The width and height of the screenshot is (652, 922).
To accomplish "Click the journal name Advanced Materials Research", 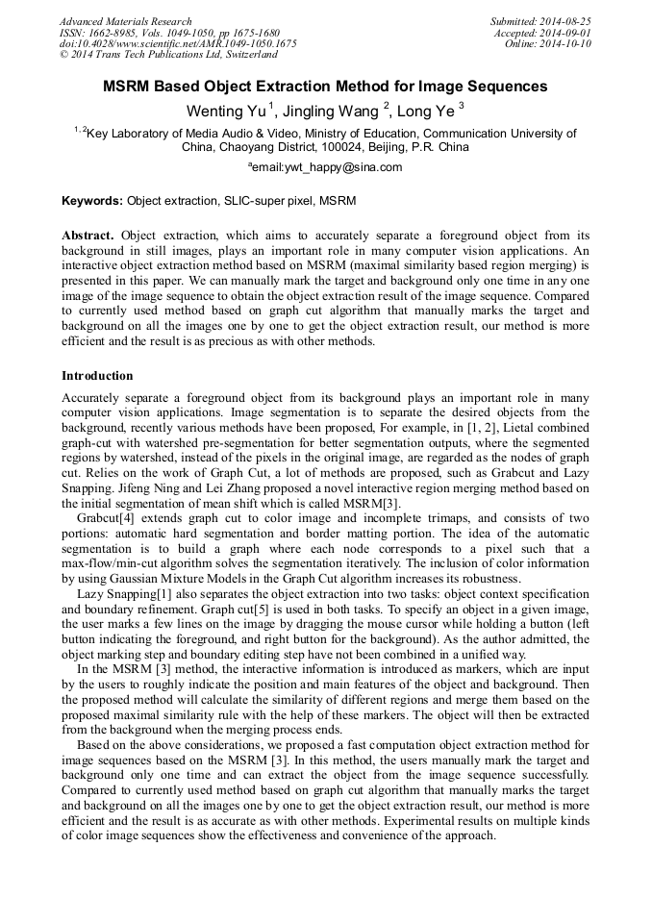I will tap(125, 21).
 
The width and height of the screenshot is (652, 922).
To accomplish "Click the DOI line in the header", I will tap(178, 44).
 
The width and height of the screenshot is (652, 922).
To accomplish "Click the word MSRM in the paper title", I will tap(130, 87).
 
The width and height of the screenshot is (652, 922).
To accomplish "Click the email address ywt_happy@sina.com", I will tap(328, 167).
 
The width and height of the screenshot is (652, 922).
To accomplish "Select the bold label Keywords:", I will tap(92, 202).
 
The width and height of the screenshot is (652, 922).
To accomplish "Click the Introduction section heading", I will tap(97, 376).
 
